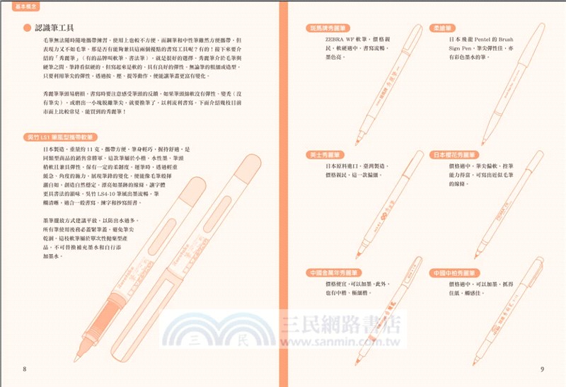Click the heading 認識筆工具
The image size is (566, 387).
[60, 28]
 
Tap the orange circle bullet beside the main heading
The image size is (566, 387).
[27, 28]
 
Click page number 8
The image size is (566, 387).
[24, 369]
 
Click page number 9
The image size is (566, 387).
[541, 369]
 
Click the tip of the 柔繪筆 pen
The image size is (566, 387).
[482, 144]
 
